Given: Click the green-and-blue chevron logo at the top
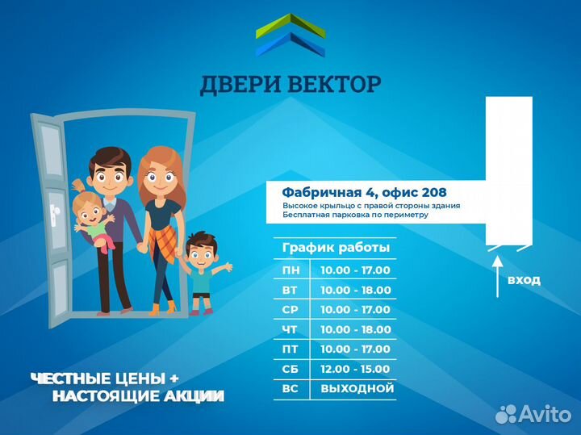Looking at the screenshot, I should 290,36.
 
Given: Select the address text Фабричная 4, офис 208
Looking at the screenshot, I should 364,193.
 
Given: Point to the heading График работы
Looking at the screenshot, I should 336,247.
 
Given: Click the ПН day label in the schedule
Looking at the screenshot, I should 289,270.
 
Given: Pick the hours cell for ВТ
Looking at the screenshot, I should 355,290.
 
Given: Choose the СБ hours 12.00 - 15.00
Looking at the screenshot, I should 355,369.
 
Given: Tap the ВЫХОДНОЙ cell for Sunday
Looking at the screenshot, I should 357,388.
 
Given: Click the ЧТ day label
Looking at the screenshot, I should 289,329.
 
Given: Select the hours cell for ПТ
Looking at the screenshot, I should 355,349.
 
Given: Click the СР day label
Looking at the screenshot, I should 289,310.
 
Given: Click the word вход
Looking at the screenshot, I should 524,280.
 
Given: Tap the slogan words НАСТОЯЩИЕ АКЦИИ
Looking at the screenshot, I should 138,396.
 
